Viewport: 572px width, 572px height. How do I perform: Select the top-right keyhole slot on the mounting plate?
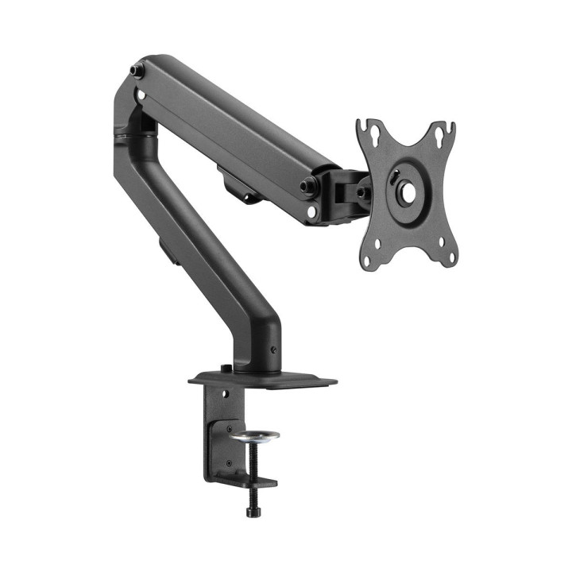450,128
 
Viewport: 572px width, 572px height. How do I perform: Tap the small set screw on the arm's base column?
275,348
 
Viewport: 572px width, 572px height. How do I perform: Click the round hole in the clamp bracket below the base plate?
223,392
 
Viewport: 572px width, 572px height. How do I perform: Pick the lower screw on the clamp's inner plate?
229,462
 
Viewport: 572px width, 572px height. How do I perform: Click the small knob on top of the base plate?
227,368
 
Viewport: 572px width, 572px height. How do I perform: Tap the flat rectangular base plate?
302,382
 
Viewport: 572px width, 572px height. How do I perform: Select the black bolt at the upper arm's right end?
306,187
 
